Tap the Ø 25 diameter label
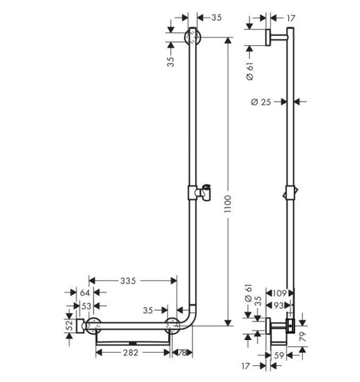(261, 101)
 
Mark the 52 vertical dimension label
(68, 324)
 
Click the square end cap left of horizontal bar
(79, 326)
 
